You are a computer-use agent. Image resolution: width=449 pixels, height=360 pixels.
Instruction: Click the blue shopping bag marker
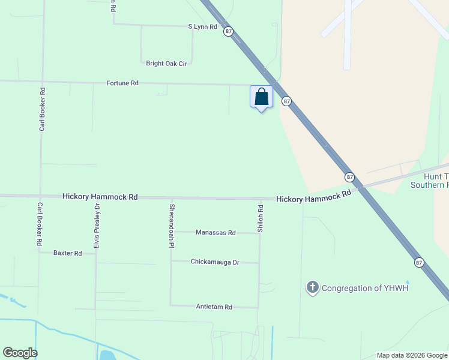[261, 97]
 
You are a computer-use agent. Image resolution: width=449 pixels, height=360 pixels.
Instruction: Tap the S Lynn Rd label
[202, 27]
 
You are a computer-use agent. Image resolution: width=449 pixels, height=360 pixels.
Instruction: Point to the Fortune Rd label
[122, 83]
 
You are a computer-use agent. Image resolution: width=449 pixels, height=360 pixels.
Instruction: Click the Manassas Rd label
[215, 233]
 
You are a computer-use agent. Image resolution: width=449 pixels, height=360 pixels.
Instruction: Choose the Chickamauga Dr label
[215, 262]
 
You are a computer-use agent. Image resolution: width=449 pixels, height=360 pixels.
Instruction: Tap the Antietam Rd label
[214, 307]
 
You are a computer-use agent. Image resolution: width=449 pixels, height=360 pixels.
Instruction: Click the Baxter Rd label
[67, 253]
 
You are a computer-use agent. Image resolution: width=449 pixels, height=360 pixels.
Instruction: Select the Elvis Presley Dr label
[97, 226]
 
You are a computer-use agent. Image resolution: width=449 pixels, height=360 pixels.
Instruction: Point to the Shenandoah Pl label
[172, 226]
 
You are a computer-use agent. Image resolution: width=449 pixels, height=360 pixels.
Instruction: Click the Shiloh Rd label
[261, 219]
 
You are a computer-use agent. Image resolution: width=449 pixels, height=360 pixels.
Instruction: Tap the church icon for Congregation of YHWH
[312, 288]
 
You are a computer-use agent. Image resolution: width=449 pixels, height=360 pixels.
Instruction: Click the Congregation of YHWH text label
[365, 288]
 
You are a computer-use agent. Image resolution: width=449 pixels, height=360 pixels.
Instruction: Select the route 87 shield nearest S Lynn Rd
[228, 31]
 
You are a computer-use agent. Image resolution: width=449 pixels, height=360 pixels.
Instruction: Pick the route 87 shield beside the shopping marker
[286, 101]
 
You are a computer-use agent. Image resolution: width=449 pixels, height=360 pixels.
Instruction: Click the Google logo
[20, 353]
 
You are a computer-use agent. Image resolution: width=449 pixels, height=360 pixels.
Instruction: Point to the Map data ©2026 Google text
[412, 355]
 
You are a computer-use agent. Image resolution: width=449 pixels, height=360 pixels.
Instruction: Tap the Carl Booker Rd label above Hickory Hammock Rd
[42, 109]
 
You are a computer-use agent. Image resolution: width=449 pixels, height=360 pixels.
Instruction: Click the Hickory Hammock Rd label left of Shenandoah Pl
[100, 197]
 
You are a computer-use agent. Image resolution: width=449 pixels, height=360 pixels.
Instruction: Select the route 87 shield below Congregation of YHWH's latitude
[418, 262]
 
